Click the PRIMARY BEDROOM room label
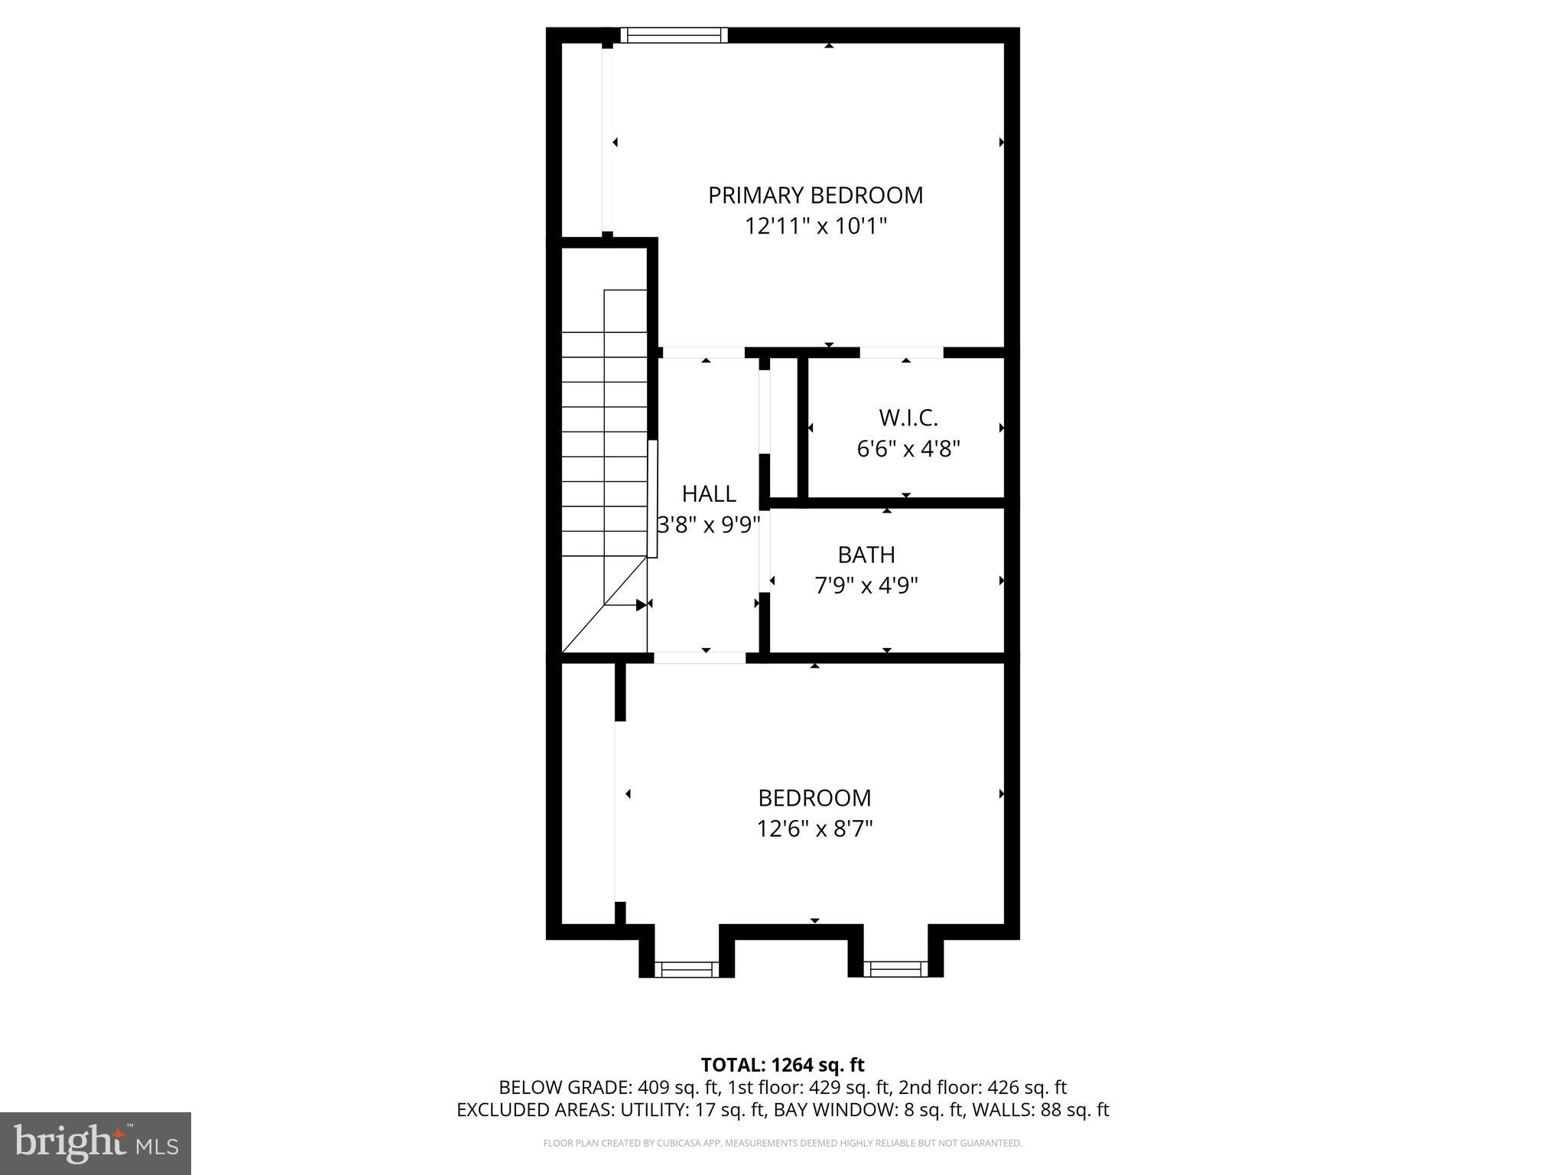tap(815, 196)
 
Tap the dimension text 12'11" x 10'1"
tap(815, 226)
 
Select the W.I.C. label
tap(908, 418)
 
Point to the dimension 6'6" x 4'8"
tap(908, 448)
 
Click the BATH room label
tap(866, 555)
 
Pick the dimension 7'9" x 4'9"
tap(866, 586)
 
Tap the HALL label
tap(709, 494)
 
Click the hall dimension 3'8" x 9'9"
tap(709, 525)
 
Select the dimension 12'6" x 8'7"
tap(814, 828)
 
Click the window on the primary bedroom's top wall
tap(673, 34)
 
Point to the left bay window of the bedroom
tap(687, 969)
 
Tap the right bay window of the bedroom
tap(895, 969)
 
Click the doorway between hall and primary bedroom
tap(703, 353)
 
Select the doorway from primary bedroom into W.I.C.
tap(902, 353)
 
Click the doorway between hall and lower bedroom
tap(700, 657)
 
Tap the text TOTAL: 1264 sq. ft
tap(782, 1065)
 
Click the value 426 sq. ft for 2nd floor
tap(1027, 1087)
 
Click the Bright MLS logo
tap(96, 1144)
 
